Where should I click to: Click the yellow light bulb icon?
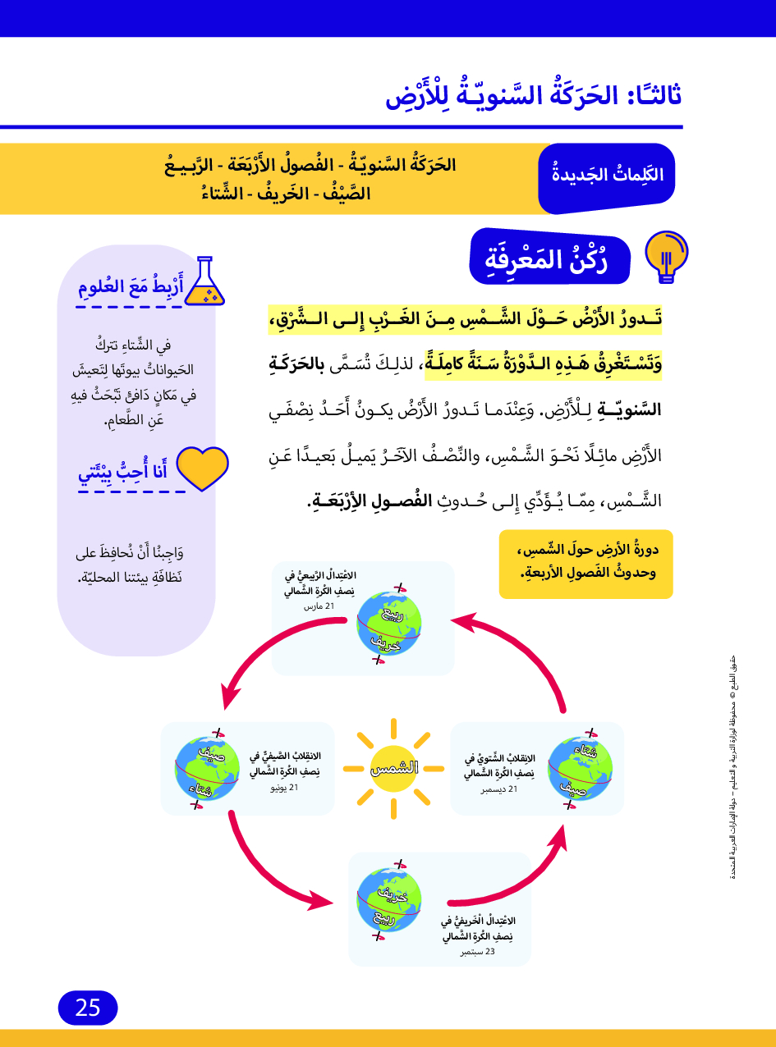coord(667,256)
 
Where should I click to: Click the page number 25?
coord(88,1008)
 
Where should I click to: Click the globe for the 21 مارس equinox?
coord(389,621)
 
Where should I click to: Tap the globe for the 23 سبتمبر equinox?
coord(388,899)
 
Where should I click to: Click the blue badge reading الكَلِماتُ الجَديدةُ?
coord(607,175)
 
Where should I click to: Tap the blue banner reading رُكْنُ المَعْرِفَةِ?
coord(548,258)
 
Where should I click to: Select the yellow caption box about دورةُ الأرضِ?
coord(585,564)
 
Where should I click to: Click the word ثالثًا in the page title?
coord(654,95)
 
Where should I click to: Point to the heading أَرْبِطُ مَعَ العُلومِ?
coord(130,288)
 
